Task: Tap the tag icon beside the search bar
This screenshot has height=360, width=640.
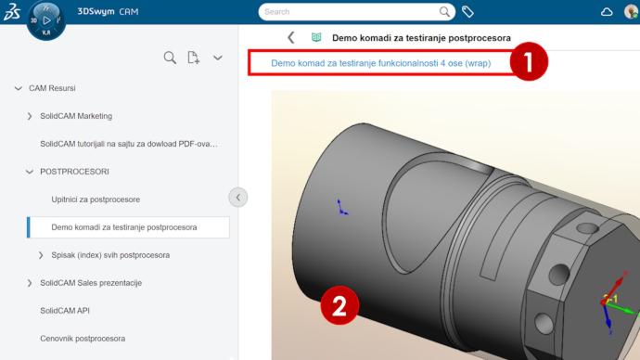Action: click(467, 12)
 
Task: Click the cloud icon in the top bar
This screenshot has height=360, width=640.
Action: click(607, 12)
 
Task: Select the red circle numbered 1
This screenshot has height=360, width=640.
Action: click(529, 61)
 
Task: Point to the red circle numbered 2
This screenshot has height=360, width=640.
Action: click(339, 305)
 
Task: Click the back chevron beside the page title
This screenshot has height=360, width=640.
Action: click(291, 38)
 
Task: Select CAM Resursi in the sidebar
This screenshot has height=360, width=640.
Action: click(52, 88)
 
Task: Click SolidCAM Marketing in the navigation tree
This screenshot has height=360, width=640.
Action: click(76, 116)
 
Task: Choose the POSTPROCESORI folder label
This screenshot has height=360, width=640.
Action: click(74, 172)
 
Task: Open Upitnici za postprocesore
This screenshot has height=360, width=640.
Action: click(96, 199)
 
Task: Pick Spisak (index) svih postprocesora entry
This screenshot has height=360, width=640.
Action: click(110, 255)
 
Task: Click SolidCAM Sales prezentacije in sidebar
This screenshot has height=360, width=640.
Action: click(91, 283)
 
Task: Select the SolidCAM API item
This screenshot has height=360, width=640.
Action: click(65, 311)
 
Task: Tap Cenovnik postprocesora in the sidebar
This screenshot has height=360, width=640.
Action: click(83, 339)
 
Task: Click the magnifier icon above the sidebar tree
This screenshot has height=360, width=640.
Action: click(170, 58)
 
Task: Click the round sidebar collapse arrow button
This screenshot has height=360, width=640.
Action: click(238, 198)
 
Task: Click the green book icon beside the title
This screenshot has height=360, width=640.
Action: click(316, 37)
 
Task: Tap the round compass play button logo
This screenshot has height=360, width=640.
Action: click(46, 20)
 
